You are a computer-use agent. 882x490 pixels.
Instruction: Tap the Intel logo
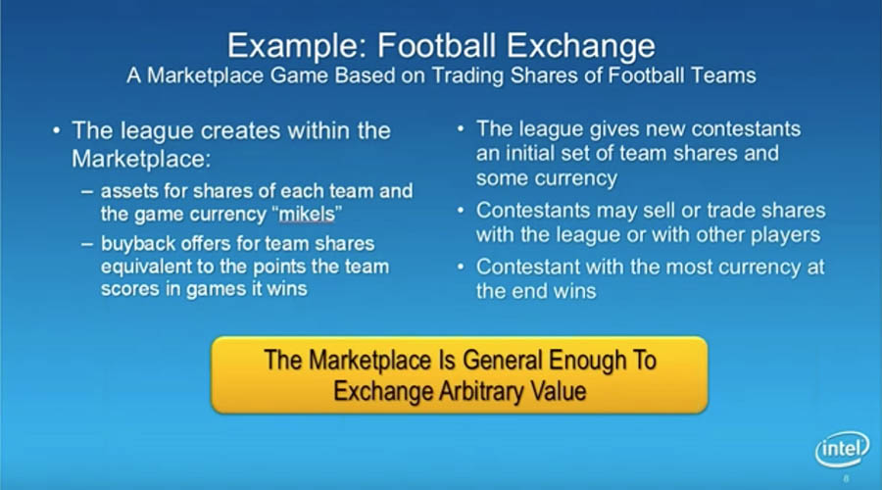tap(842, 449)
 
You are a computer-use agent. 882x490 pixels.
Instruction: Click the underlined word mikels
tap(307, 215)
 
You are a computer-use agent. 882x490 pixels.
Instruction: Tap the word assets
tap(128, 192)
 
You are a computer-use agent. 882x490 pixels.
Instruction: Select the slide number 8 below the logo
tap(846, 479)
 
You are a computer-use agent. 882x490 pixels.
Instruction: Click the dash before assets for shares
tap(86, 191)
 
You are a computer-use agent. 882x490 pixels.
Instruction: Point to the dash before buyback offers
tap(86, 244)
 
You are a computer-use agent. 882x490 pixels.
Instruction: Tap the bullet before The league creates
tap(56, 131)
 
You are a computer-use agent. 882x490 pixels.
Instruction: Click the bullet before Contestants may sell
tap(461, 211)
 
